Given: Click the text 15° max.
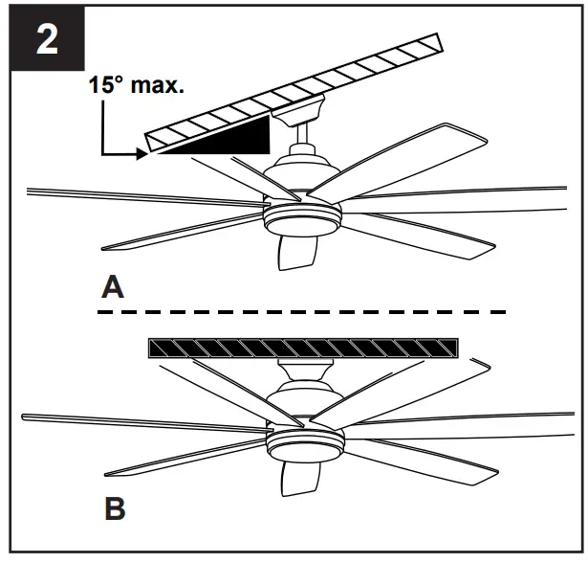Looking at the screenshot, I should tap(137, 84).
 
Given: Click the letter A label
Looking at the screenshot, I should tap(114, 286).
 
